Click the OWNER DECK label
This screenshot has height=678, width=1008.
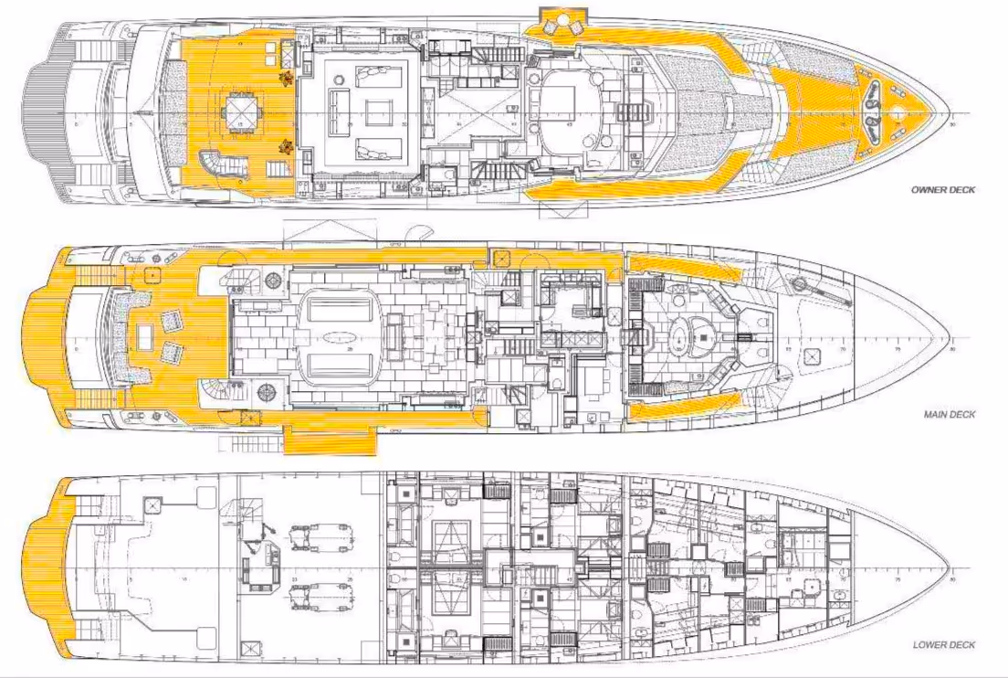tap(943, 190)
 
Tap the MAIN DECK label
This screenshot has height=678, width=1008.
tap(950, 414)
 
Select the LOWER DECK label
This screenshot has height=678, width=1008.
tap(943, 644)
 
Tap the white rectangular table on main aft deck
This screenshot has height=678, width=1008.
tap(144, 339)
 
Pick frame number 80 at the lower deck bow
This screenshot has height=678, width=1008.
tap(952, 579)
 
